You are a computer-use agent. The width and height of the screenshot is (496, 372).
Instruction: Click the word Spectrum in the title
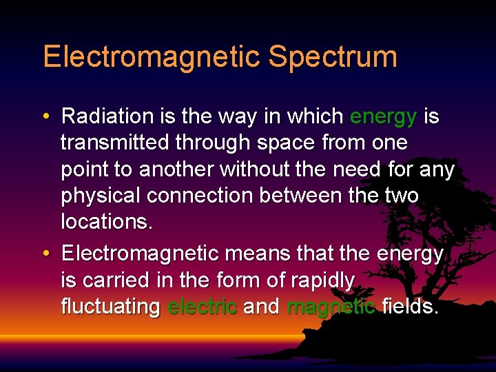tap(333, 57)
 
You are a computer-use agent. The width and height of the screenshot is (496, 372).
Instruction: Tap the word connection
tap(207, 196)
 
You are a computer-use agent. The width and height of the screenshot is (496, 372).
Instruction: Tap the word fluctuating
tap(110, 307)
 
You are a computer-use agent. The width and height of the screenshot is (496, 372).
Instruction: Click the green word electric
tap(203, 307)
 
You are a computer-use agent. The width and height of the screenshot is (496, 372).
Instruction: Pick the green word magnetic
tap(331, 307)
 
